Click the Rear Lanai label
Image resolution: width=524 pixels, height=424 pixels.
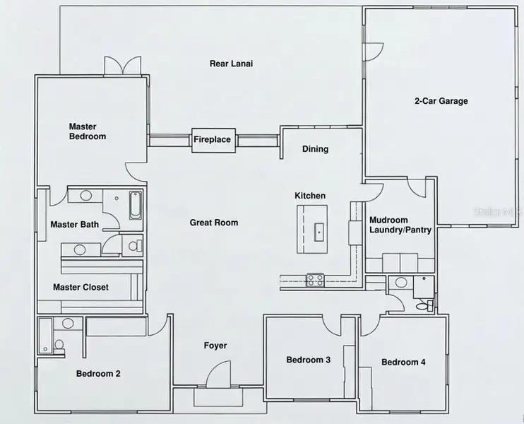click(231, 64)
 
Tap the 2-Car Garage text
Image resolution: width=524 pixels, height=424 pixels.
click(441, 101)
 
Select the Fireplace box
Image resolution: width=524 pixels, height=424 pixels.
click(212, 139)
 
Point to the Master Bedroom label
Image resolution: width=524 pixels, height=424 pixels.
click(87, 131)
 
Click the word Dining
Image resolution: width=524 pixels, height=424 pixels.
click(315, 149)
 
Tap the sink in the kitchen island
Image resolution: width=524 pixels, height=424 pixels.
click(318, 230)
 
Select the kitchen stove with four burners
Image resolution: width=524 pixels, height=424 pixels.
click(314, 278)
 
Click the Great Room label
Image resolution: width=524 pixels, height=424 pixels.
click(214, 223)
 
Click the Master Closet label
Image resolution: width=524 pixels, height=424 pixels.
click(81, 288)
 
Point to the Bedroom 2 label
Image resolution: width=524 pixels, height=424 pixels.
click(98, 374)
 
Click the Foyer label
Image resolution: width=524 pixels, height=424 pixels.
click(215, 346)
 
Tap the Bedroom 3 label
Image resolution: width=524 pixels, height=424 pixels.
click(308, 360)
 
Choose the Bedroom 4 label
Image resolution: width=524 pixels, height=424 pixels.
click(403, 363)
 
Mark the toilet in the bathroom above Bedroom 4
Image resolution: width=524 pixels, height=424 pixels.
click(424, 305)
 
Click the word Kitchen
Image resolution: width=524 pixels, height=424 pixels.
click(310, 196)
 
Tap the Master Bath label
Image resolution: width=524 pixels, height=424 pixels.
click(74, 225)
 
